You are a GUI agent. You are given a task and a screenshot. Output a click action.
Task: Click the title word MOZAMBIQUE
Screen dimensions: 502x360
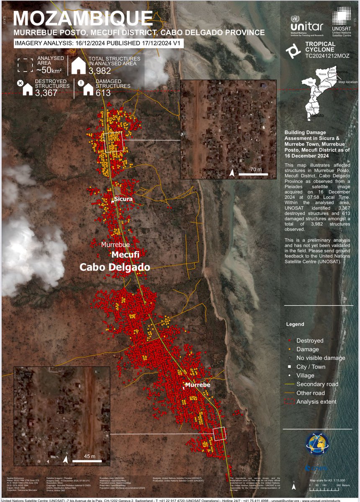[x=83, y=19]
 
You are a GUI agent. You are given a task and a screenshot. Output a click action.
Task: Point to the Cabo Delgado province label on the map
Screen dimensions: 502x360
[x=115, y=267]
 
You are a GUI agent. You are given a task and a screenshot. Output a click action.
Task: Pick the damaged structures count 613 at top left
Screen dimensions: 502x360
[x=103, y=93]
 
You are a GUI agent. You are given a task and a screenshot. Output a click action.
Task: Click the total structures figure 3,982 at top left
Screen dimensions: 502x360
[x=102, y=71]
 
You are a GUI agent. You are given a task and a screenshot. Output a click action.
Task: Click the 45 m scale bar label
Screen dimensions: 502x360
[x=87, y=456]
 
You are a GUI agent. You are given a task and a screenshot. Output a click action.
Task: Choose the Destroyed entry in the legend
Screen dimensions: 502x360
[x=310, y=341]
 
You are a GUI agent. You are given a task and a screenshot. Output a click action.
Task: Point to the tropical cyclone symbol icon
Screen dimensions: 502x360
[x=292, y=50]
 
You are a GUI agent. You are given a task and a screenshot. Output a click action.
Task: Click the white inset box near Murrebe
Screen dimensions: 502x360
[x=219, y=433]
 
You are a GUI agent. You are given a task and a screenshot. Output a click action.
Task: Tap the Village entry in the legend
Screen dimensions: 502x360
[x=305, y=376]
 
